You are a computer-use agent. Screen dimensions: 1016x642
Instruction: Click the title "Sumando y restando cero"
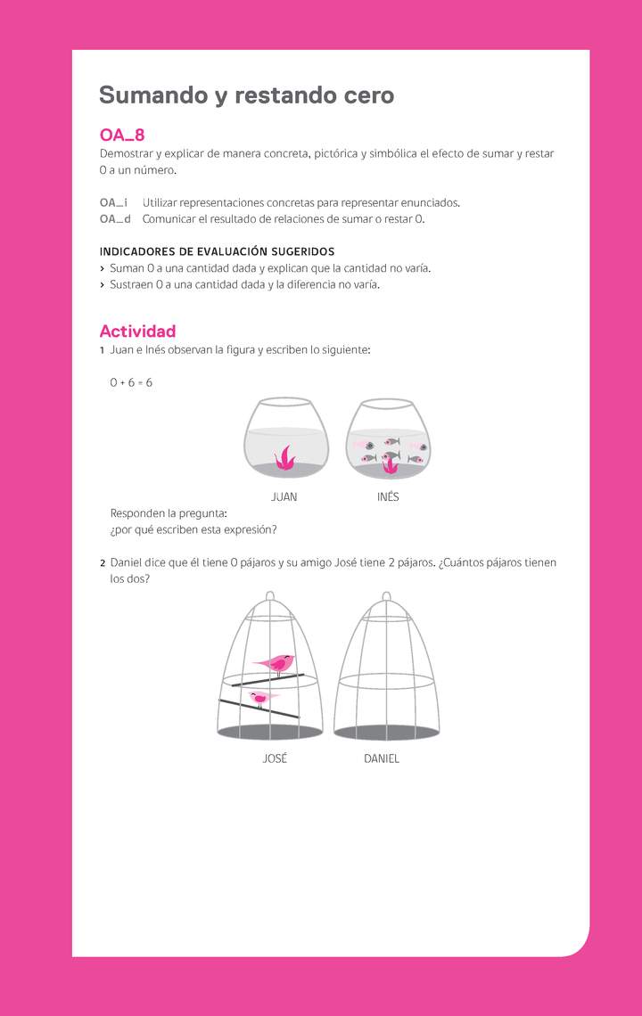(246, 95)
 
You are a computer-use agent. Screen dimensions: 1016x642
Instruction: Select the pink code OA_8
(122, 135)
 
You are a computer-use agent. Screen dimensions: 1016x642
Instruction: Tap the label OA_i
(113, 203)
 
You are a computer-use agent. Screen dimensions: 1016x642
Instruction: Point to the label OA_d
(115, 219)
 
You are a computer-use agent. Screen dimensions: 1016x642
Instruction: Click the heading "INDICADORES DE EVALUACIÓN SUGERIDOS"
(217, 252)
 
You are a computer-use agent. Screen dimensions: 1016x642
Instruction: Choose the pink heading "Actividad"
(137, 332)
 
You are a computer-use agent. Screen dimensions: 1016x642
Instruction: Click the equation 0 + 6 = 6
(131, 382)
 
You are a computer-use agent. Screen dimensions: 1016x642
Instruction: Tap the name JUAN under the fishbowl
(284, 497)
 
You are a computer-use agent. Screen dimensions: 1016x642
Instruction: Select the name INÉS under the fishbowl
(388, 497)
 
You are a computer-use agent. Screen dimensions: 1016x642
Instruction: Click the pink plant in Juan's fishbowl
(285, 458)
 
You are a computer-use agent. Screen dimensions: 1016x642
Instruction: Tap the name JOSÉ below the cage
(275, 759)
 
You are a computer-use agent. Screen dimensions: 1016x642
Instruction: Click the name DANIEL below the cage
(382, 759)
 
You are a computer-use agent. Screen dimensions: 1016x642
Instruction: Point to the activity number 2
(103, 563)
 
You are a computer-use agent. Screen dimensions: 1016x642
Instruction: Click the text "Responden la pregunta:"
(169, 513)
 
